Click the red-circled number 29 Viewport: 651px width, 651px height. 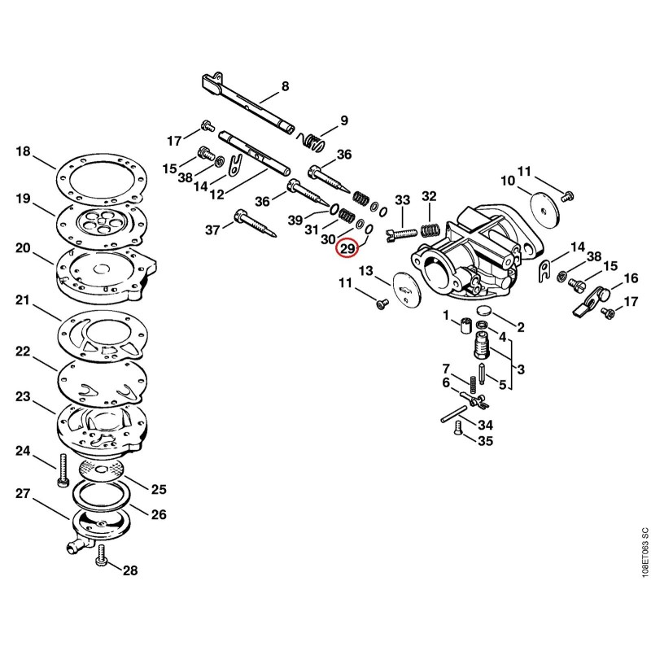click(347, 249)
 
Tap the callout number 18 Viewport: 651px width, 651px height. click(24, 151)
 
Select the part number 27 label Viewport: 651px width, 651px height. click(24, 494)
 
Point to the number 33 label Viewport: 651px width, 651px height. click(402, 200)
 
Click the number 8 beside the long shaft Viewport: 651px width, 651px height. click(285, 86)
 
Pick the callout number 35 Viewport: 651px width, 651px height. click(485, 440)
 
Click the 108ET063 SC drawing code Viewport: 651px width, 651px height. click(644, 552)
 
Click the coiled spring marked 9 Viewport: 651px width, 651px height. click(312, 140)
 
